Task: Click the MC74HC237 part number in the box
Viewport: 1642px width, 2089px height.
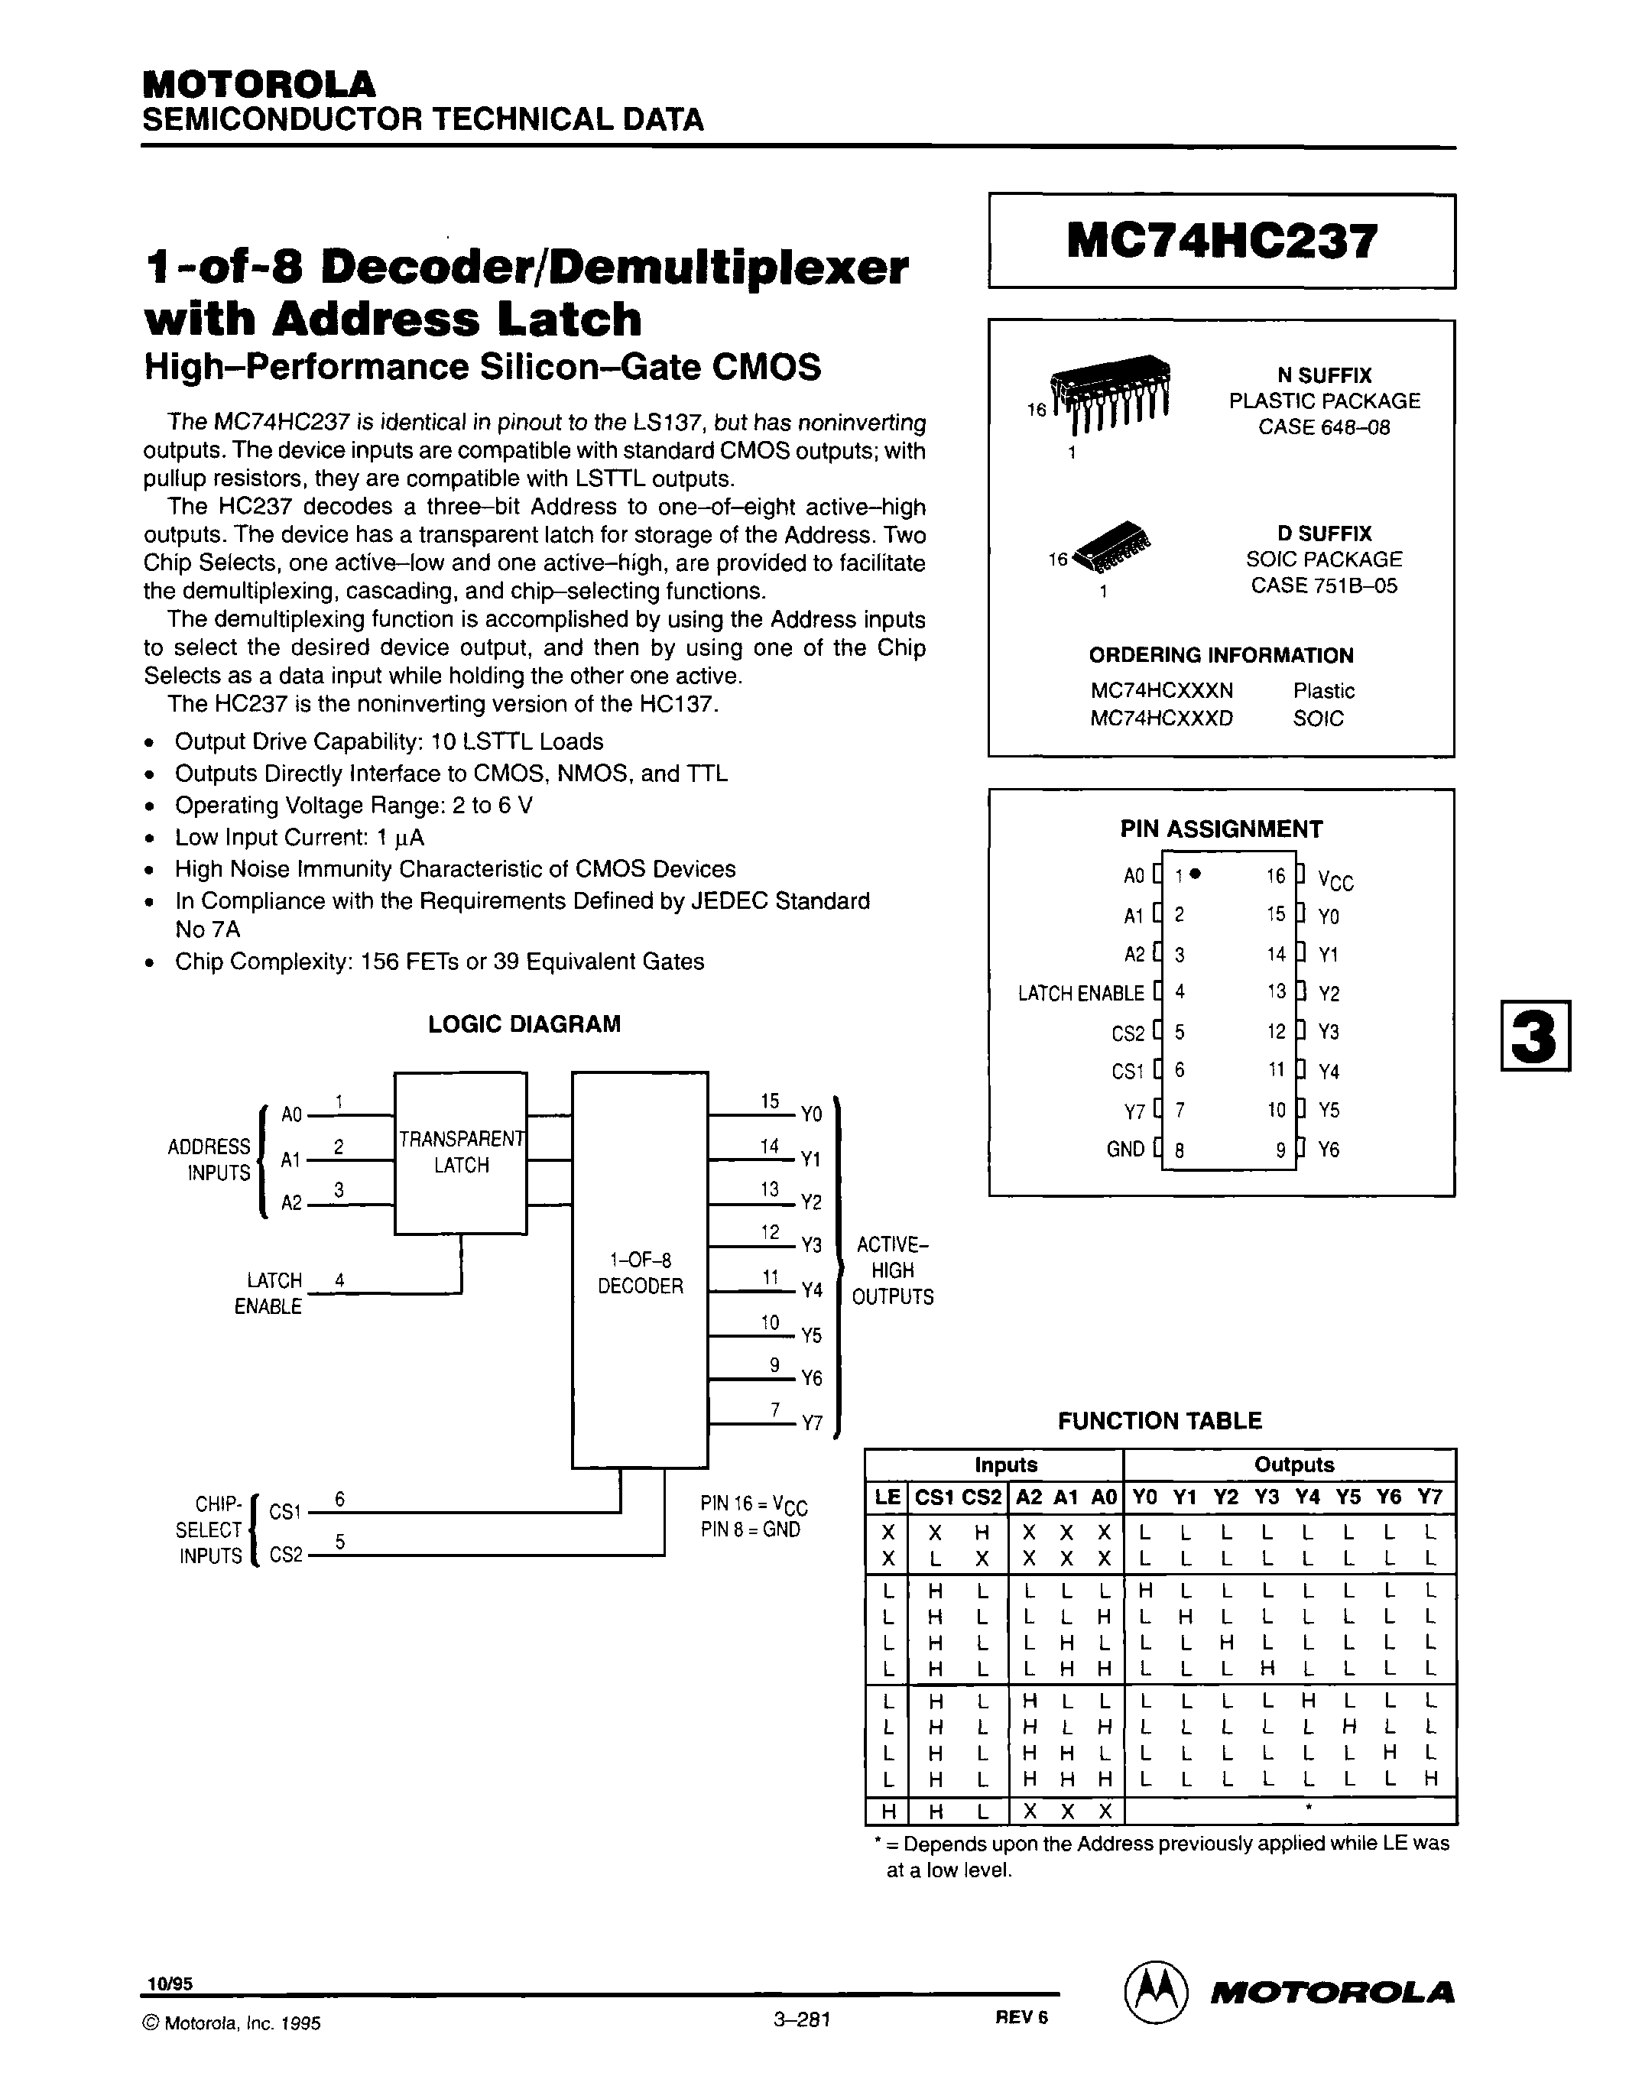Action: tap(1221, 242)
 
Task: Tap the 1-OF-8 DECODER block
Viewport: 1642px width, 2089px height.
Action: tap(639, 1273)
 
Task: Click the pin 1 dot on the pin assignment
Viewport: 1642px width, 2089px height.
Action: tap(1195, 874)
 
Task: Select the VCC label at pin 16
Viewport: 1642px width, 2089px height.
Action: tap(1335, 881)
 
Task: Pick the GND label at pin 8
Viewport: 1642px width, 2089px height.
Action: tap(1124, 1149)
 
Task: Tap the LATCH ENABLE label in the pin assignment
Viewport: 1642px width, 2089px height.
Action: tap(1081, 993)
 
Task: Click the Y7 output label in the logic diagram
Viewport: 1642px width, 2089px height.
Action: tap(813, 1424)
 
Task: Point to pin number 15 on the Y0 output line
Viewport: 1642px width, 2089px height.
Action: tap(770, 1101)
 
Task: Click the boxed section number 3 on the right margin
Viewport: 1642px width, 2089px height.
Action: tap(1534, 1036)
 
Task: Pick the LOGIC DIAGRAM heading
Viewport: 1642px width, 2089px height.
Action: tap(524, 1023)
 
